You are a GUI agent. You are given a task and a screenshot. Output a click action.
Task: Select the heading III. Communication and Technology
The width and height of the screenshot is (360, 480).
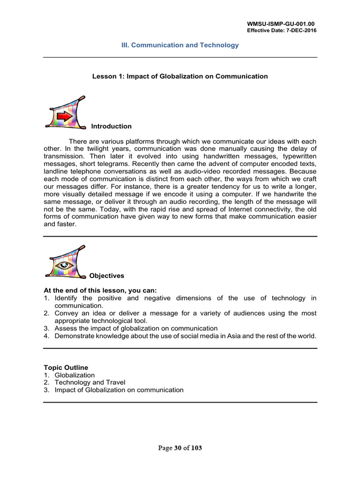point(180,45)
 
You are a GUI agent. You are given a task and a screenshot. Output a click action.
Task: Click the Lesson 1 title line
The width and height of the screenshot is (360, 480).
point(180,76)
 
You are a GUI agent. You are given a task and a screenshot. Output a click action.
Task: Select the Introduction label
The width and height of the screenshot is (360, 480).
point(111,127)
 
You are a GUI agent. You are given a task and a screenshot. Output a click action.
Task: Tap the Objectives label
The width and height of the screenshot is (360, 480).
point(106,276)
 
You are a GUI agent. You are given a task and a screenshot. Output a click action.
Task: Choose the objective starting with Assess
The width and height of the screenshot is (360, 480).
point(136,328)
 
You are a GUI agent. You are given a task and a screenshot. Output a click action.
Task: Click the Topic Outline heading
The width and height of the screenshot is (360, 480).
point(66,367)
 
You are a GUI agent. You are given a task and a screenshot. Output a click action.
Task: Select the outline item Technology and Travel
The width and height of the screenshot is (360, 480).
point(90,382)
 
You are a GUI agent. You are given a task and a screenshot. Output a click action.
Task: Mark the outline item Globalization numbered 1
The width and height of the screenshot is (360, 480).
point(75,375)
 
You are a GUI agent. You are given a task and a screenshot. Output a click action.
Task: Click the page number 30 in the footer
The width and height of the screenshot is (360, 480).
point(178,448)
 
